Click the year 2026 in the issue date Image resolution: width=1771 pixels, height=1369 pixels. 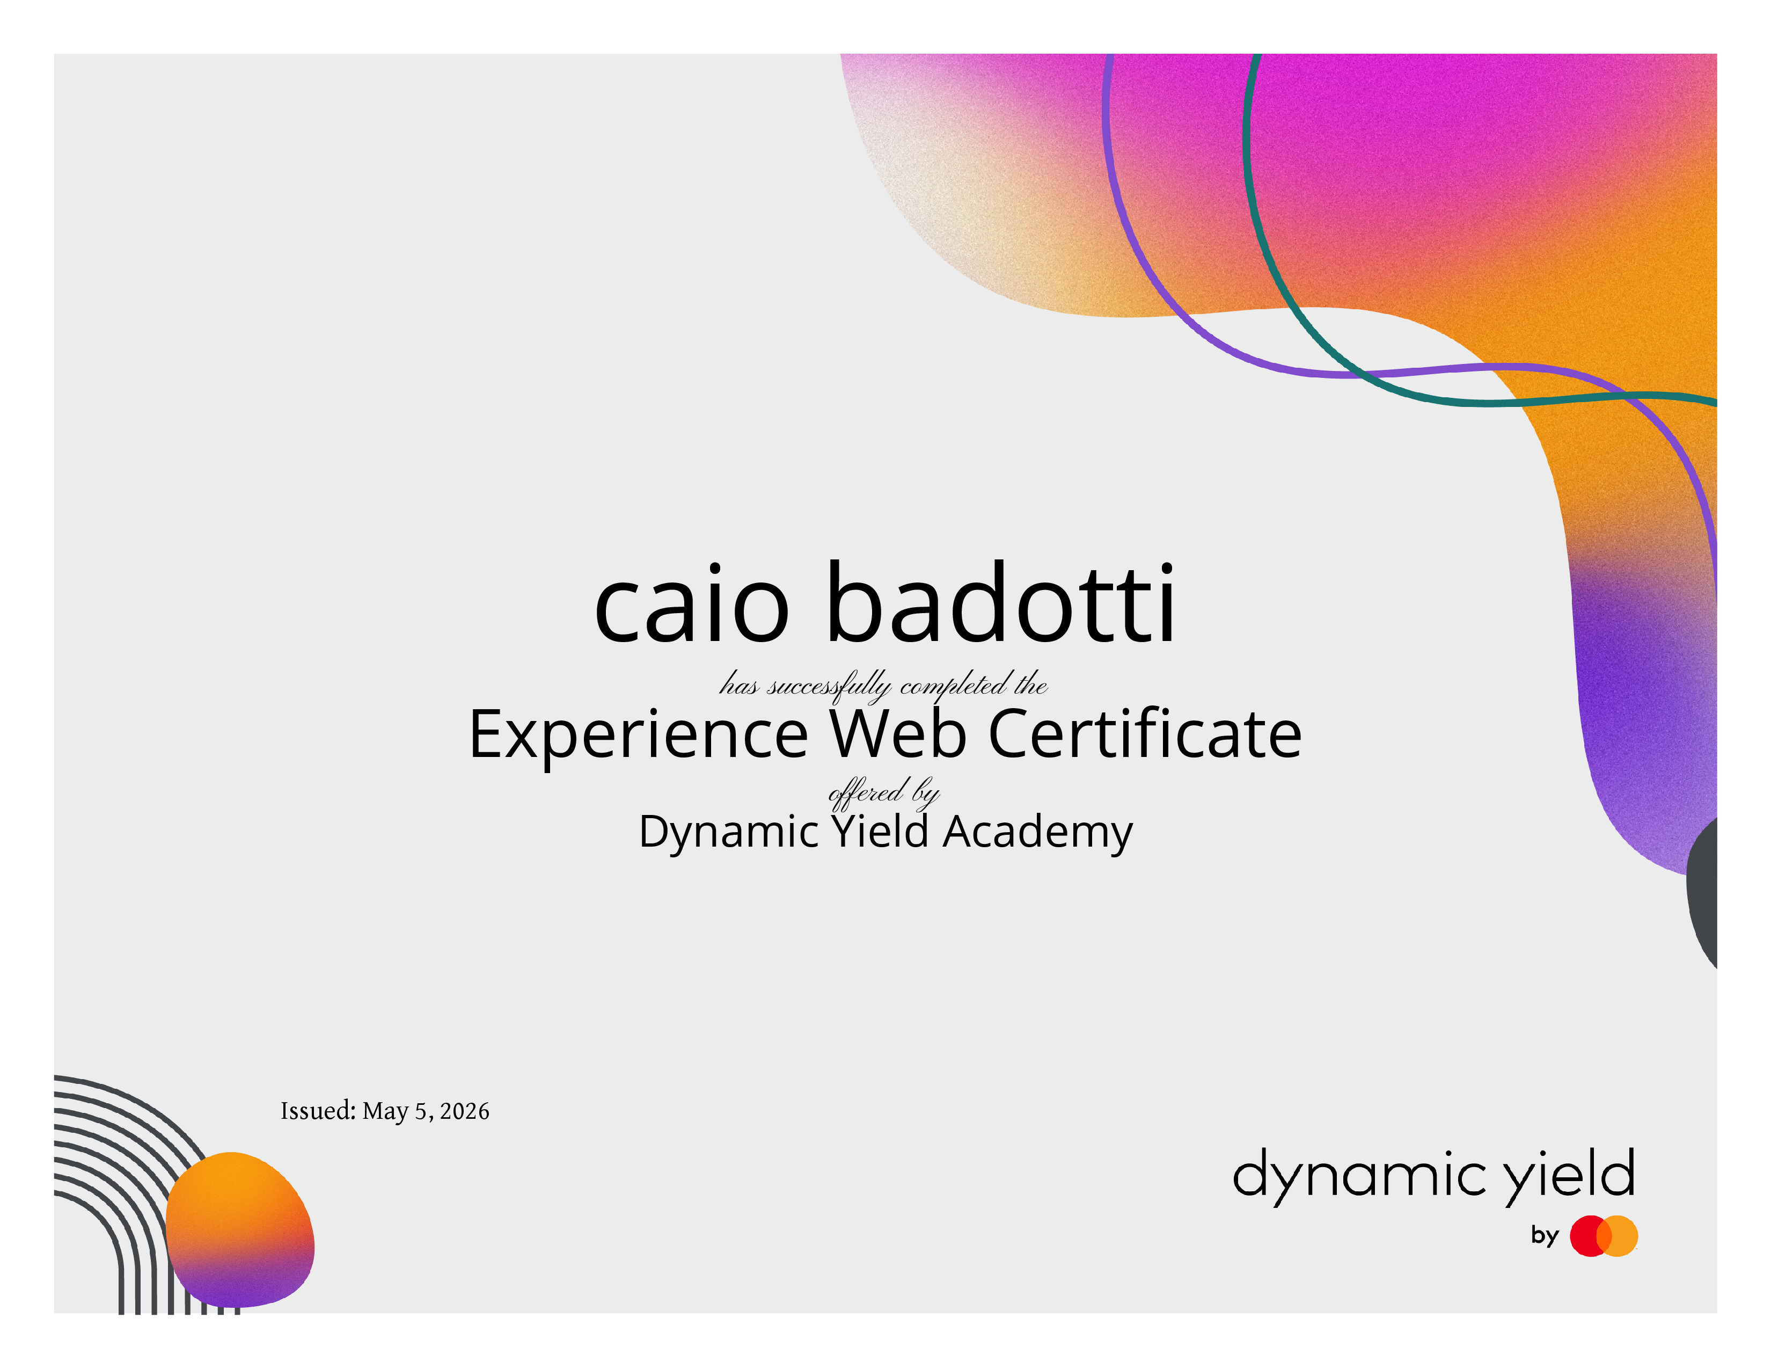pyautogui.click(x=465, y=1111)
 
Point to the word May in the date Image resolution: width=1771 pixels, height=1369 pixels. pyautogui.click(x=385, y=1112)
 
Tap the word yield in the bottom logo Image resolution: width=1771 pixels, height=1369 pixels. pyautogui.click(x=1570, y=1176)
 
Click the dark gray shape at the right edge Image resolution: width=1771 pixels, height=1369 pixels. pyautogui.click(x=1703, y=892)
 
